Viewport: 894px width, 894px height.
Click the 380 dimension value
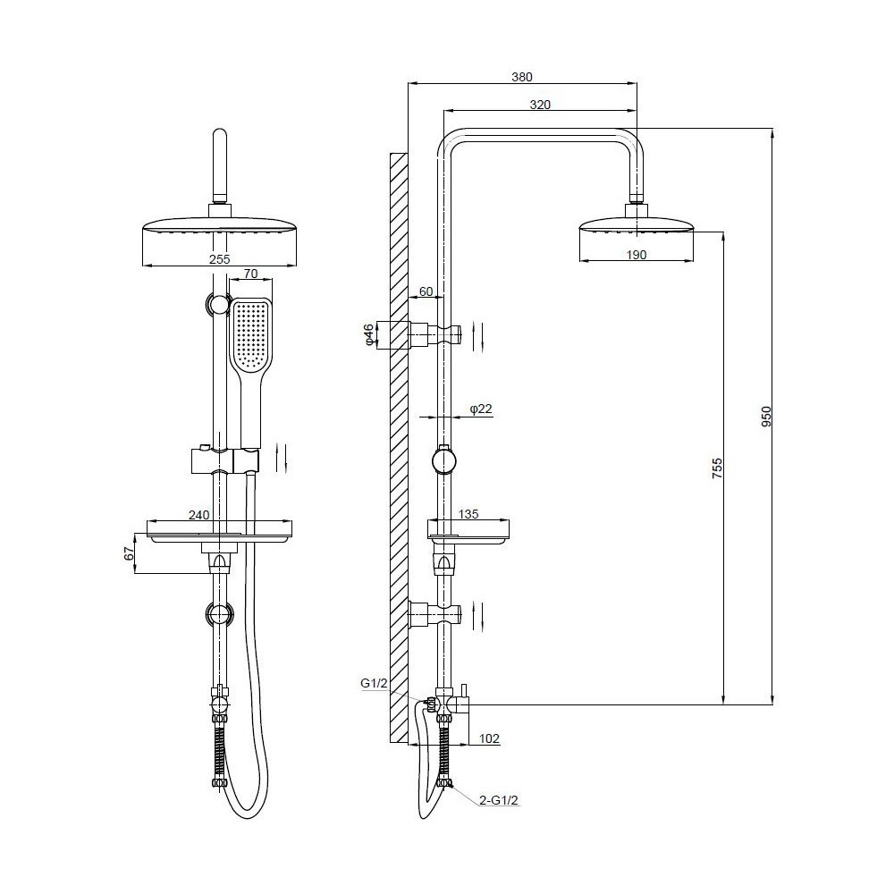(x=522, y=77)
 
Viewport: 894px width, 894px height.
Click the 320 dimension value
(x=540, y=105)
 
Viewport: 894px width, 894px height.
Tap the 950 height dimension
(x=766, y=417)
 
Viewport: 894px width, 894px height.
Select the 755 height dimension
(x=717, y=468)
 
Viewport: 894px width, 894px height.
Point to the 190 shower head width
(x=637, y=255)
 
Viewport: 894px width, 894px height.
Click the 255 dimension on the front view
(x=219, y=259)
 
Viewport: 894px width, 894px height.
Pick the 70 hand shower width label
(x=250, y=274)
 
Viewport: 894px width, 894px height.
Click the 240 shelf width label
(x=199, y=515)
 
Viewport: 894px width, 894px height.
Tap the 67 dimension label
(x=129, y=552)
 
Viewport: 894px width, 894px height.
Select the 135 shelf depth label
(x=468, y=514)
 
